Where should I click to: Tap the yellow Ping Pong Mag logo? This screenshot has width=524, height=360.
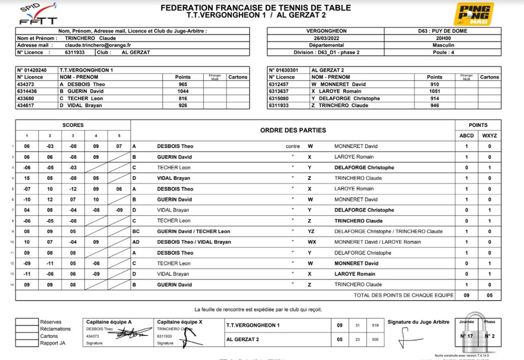(x=474, y=14)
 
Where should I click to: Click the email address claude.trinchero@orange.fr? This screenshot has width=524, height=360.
(x=94, y=45)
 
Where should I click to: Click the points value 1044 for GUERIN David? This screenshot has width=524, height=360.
(x=182, y=91)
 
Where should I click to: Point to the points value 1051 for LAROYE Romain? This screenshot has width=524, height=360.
(x=434, y=91)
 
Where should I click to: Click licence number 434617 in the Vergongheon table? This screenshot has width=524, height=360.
(x=26, y=105)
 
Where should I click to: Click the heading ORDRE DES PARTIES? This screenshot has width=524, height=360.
(x=293, y=130)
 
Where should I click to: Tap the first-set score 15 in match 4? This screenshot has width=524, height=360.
(x=27, y=178)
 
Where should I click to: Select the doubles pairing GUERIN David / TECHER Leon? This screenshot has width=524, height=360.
(x=193, y=231)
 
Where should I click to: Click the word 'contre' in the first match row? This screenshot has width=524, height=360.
(x=293, y=146)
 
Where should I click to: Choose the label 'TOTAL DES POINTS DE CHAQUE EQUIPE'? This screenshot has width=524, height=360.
(x=403, y=295)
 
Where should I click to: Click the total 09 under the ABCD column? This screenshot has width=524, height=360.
(x=466, y=295)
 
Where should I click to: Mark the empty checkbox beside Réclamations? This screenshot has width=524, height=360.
(x=27, y=329)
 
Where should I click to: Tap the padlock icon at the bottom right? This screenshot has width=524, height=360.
(x=473, y=328)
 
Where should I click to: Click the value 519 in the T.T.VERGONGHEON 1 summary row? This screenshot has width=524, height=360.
(x=376, y=325)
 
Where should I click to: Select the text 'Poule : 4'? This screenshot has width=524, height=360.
(x=443, y=52)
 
